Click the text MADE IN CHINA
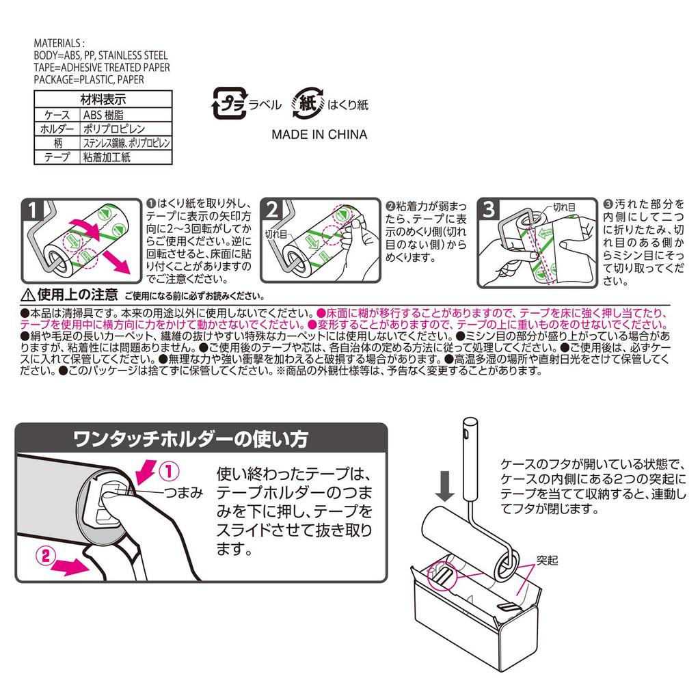click(319, 135)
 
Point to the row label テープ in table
click(57, 157)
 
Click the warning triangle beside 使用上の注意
click(27, 295)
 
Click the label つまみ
click(183, 492)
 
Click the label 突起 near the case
click(548, 560)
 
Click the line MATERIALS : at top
click(59, 44)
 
